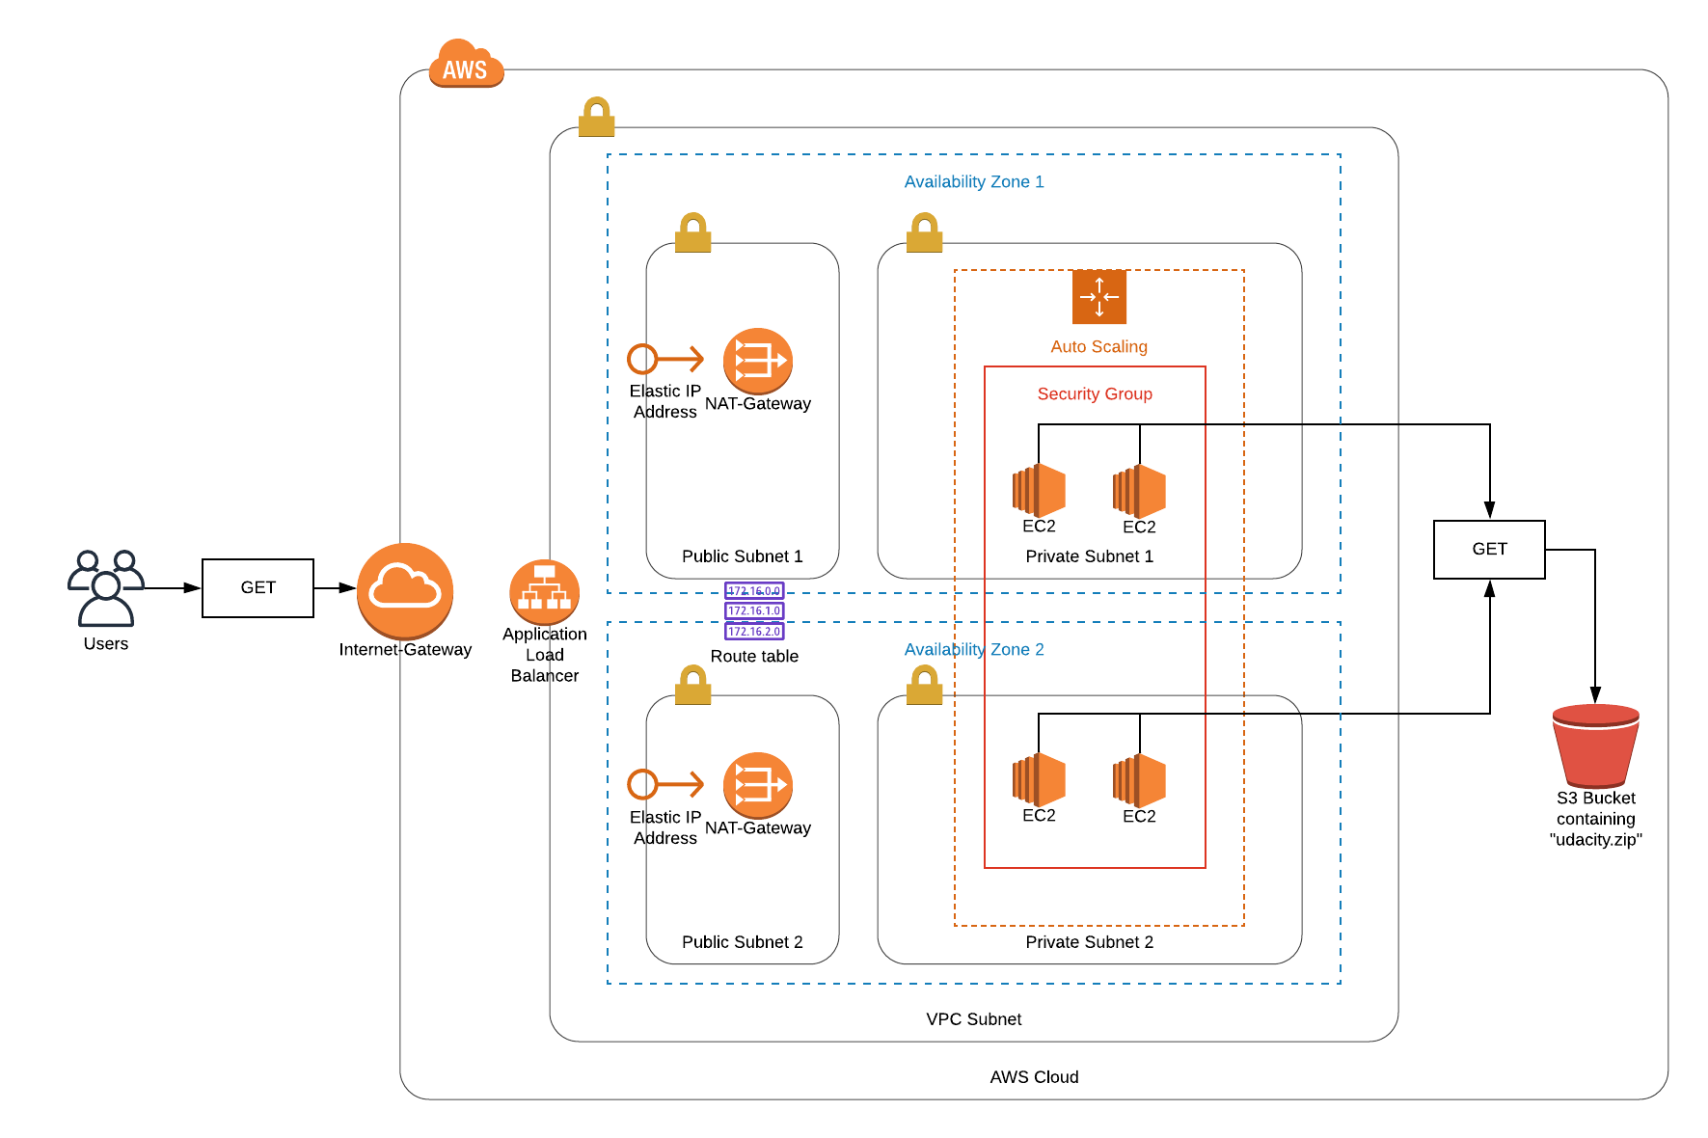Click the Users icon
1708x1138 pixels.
(x=105, y=587)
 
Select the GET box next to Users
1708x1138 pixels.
(x=258, y=587)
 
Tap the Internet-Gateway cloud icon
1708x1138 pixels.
(x=405, y=590)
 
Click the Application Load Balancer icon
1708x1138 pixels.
(x=545, y=591)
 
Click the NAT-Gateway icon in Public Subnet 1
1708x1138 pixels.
(x=758, y=361)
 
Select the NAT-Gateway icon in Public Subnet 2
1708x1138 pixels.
(x=758, y=785)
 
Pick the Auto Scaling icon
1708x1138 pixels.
(x=1099, y=297)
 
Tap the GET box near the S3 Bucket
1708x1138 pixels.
(x=1489, y=550)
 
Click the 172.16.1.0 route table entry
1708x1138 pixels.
(x=754, y=610)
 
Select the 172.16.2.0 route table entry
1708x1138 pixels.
(x=754, y=632)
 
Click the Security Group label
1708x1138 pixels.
(x=1095, y=393)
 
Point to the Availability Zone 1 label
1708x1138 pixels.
(x=974, y=181)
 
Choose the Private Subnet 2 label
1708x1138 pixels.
(x=1089, y=942)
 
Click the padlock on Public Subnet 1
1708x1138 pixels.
(x=692, y=233)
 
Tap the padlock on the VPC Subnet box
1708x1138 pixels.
(x=597, y=117)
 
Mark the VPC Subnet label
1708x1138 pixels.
(x=973, y=1019)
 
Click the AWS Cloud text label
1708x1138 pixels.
(x=1034, y=1077)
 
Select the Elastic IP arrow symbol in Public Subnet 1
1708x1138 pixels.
(x=665, y=359)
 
